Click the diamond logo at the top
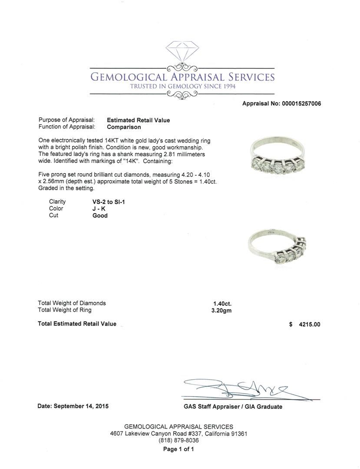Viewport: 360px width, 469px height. click(x=182, y=52)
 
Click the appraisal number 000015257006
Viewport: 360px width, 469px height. click(x=301, y=104)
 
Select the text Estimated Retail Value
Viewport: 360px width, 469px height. click(x=139, y=120)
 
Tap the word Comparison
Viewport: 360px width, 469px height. click(x=124, y=127)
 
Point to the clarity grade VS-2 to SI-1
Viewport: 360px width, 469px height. click(x=106, y=201)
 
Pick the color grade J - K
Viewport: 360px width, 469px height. click(x=99, y=208)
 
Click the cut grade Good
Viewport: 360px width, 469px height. click(x=100, y=215)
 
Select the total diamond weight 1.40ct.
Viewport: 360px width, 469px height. click(x=222, y=304)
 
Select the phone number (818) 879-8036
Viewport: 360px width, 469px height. click(x=178, y=440)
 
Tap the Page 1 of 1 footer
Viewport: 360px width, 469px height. click(x=178, y=449)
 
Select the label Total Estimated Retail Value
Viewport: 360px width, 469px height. click(x=77, y=324)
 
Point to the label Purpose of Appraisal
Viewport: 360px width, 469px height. click(x=67, y=120)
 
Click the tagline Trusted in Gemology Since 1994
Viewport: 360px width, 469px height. click(x=182, y=86)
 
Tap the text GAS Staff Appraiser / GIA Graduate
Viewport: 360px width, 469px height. click(x=233, y=407)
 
